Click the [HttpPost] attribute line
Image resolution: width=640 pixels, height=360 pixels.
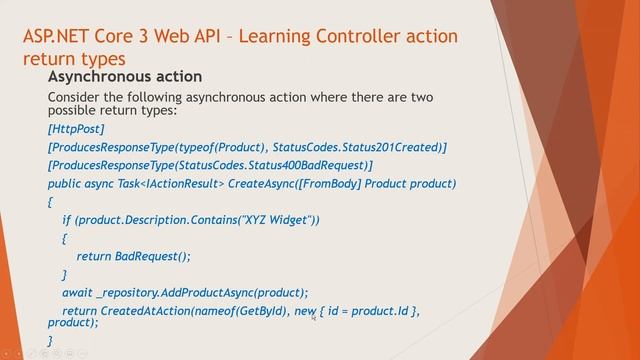tap(76, 129)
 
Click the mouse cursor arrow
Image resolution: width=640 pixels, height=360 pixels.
tap(314, 317)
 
